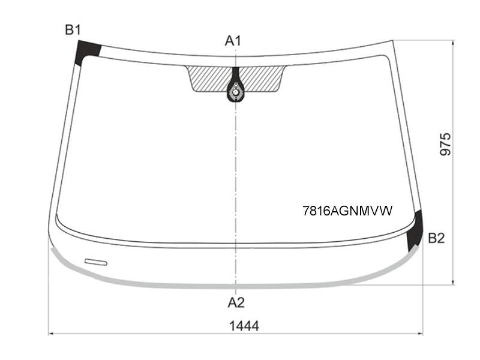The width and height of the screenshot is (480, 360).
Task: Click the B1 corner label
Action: [73, 30]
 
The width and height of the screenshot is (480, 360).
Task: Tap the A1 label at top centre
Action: [233, 40]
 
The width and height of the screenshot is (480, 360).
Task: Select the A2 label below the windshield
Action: [236, 302]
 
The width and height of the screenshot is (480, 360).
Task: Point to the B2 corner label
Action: [436, 238]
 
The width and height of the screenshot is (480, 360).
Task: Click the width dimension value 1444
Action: [244, 326]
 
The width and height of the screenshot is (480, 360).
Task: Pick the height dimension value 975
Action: [445, 144]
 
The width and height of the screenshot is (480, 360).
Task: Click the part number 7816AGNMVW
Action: [347, 211]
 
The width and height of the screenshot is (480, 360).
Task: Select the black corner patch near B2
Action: [415, 230]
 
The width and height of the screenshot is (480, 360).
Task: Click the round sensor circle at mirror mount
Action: [235, 92]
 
